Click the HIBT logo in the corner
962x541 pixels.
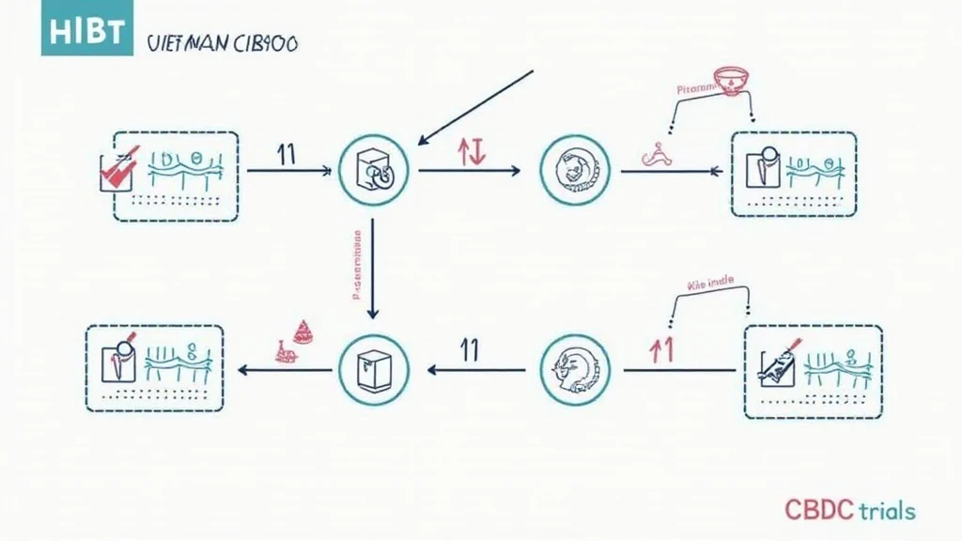82,28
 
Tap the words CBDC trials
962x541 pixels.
849,510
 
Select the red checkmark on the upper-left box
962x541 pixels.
120,168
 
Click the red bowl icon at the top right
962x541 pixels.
729,79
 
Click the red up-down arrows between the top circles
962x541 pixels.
471,153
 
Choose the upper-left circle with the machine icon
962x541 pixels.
373,170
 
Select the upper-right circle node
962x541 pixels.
575,170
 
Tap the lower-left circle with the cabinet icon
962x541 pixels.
373,367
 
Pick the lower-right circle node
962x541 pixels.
575,367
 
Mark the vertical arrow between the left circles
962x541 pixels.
373,269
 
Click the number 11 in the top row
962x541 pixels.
287,155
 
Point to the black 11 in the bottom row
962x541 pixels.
470,350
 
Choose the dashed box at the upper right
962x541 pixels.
793,176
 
